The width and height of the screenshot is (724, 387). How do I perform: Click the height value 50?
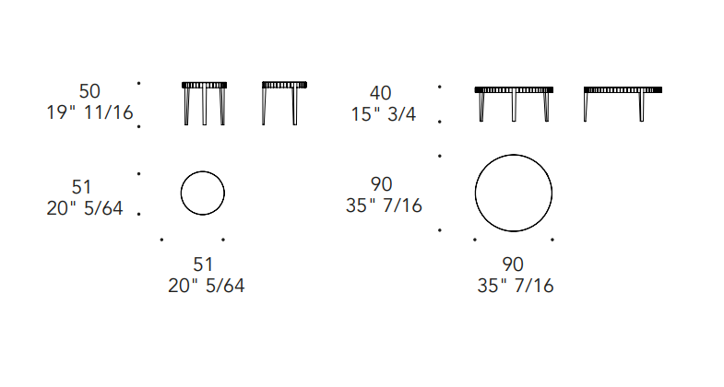click(x=89, y=91)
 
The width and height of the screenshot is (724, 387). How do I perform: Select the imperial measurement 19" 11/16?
click(x=90, y=112)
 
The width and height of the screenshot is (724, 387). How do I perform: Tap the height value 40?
click(x=381, y=93)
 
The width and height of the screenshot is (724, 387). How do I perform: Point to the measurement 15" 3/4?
click(x=384, y=114)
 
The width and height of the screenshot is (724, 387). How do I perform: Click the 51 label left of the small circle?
click(x=82, y=187)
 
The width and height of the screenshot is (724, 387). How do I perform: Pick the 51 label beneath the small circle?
click(x=203, y=264)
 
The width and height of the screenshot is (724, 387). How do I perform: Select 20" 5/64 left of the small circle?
click(x=85, y=208)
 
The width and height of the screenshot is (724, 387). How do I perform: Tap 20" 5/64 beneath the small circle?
click(x=207, y=286)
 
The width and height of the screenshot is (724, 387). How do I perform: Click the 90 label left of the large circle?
click(x=382, y=184)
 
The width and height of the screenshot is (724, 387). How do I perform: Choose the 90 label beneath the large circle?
click(x=513, y=264)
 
